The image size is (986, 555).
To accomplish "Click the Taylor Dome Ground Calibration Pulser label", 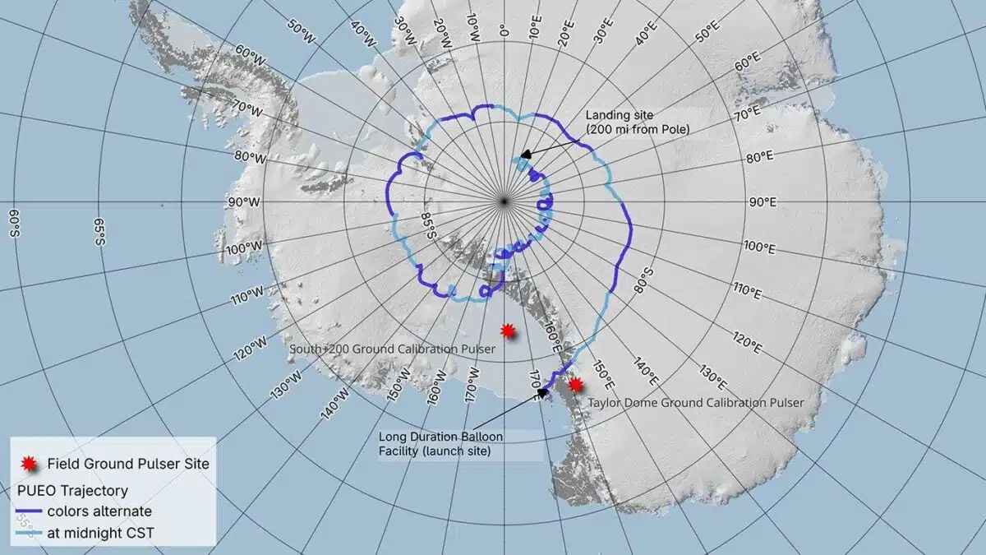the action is pyautogui.click(x=695, y=402).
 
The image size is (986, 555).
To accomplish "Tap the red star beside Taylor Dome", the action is pyautogui.click(x=576, y=384).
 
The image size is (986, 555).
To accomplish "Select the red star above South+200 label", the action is pyautogui.click(x=509, y=331).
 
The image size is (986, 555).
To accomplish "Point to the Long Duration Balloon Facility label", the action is pyautogui.click(x=440, y=444).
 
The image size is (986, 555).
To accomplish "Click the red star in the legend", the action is pyautogui.click(x=28, y=464).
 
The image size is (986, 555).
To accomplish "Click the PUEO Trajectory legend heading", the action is pyautogui.click(x=72, y=491).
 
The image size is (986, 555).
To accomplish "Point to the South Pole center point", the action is pyautogui.click(x=505, y=201).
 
